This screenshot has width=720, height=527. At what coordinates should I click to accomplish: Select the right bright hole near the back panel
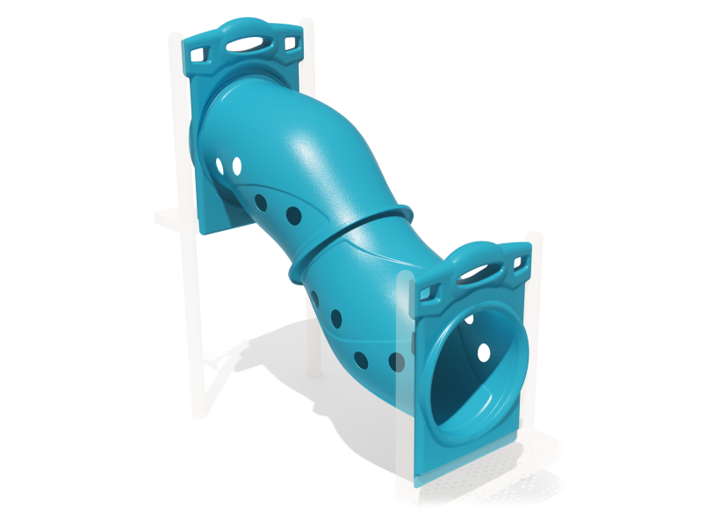tap(236, 165)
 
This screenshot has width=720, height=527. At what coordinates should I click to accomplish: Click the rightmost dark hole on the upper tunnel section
tap(293, 215)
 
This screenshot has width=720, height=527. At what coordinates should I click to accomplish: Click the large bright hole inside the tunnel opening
tap(483, 352)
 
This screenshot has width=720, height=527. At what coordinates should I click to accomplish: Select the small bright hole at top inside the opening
tap(470, 319)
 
